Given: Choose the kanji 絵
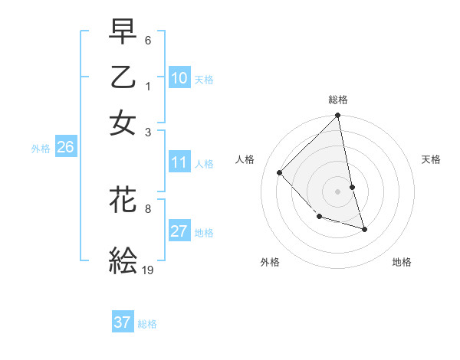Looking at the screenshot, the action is (123, 260).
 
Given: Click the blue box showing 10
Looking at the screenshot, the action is (179, 77).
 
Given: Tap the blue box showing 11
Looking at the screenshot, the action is (179, 162).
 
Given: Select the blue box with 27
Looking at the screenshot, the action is (179, 231).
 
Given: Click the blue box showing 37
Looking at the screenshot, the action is (123, 322).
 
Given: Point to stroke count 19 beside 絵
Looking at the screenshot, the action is (148, 270).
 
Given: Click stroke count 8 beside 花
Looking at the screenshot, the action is (148, 208).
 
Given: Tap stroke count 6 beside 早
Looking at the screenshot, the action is (148, 39).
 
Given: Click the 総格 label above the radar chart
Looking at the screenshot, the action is (338, 100).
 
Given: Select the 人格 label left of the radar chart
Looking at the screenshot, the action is (245, 159).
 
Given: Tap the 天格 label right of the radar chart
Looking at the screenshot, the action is (431, 159).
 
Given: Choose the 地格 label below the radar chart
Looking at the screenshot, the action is (402, 262).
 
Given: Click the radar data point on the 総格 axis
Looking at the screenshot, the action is (338, 116).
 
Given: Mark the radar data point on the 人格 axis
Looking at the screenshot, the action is (280, 172).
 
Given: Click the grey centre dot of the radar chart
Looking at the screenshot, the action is (338, 191).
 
